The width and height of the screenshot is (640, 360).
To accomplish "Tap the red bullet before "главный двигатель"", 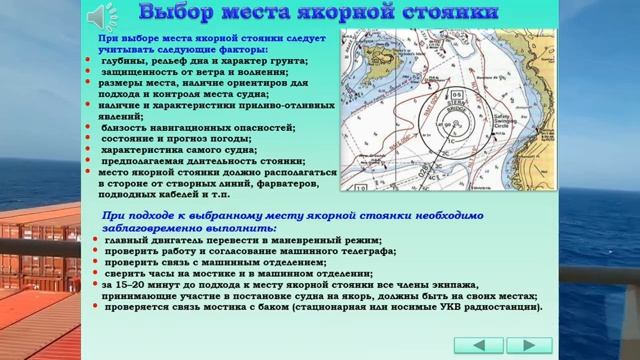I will pos(95,240).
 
